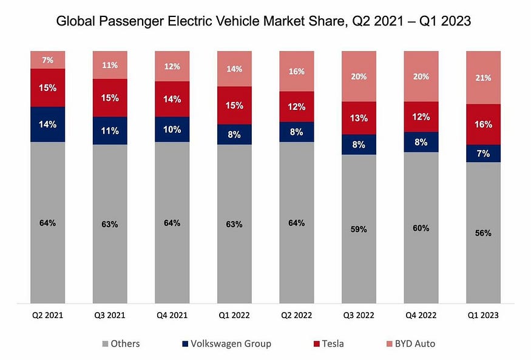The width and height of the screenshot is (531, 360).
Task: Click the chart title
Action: pos(264,21)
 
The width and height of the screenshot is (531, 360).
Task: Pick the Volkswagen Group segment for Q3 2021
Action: pos(110,131)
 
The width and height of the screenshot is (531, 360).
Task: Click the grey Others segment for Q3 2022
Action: pos(359,255)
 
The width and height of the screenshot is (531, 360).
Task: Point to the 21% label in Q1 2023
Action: pos(483,78)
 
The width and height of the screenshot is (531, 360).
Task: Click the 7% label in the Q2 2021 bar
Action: pos(47,59)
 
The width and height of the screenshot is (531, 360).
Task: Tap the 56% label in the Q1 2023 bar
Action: pos(483,233)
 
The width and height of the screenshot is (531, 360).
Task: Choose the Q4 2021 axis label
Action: pos(172,316)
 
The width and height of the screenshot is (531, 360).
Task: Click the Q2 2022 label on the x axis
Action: pos(296,316)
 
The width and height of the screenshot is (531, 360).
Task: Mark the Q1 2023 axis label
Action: pos(483,316)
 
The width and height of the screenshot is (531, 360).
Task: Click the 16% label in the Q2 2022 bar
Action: pos(296,72)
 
